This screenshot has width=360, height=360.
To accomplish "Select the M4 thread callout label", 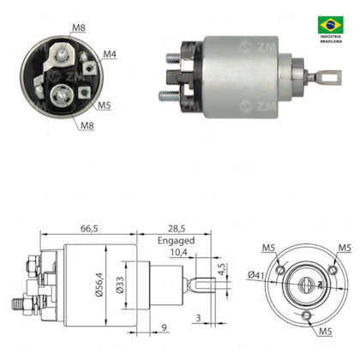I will [x=111, y=54].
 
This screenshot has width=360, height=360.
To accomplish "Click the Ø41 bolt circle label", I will [x=255, y=274].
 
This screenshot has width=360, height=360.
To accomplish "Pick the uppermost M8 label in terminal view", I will [x=78, y=28].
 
